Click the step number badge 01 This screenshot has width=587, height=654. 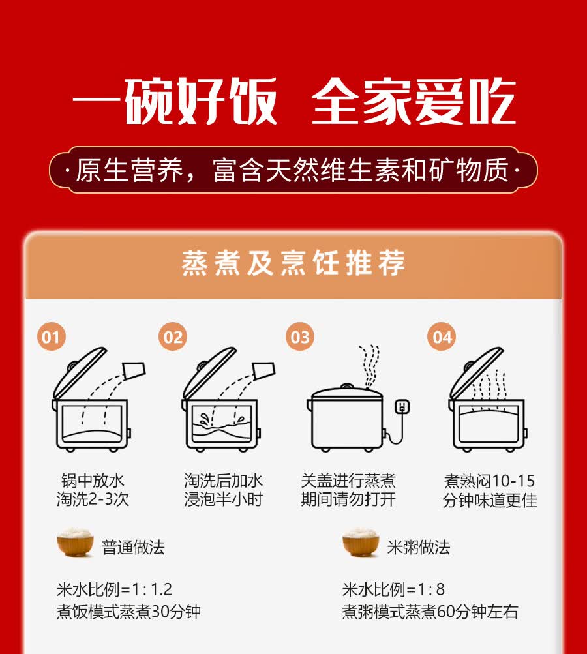(x=51, y=337)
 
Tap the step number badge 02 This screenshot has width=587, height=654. (x=173, y=337)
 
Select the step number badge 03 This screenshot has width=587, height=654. (x=300, y=337)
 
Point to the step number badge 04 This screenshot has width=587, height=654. (x=442, y=337)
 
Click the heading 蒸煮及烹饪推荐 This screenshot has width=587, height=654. (x=293, y=263)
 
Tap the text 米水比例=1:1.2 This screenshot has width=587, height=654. (x=115, y=589)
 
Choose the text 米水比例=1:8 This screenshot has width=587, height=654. (x=393, y=589)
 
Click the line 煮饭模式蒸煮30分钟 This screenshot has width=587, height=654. (x=128, y=612)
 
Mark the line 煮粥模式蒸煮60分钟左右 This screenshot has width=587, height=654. (x=430, y=612)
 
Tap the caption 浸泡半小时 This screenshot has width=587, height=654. (x=222, y=500)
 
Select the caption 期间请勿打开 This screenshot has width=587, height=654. (x=348, y=500)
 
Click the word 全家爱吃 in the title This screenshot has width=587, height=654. (x=414, y=102)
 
